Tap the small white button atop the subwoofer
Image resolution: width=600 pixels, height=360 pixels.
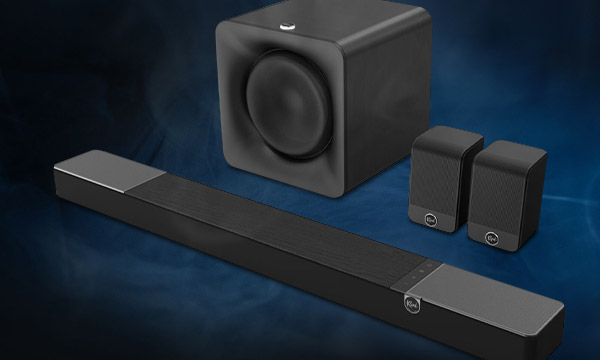tap(289, 15)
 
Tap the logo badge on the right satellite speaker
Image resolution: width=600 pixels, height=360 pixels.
tap(492, 237)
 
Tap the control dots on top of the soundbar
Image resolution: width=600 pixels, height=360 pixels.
tap(425, 268)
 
